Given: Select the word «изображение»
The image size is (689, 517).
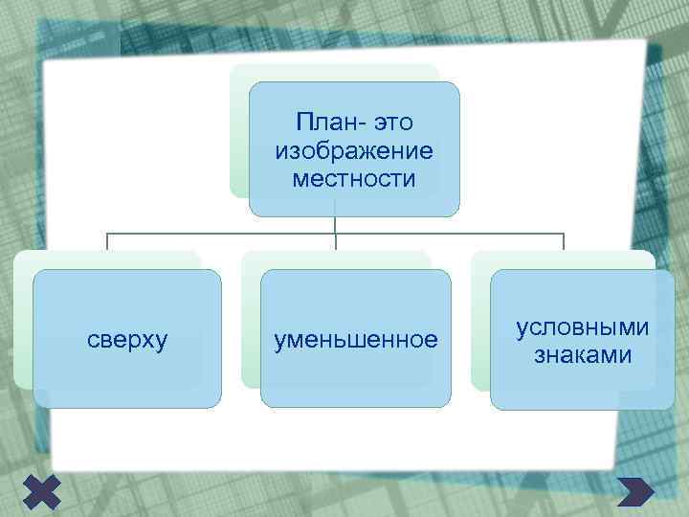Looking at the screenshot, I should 354,151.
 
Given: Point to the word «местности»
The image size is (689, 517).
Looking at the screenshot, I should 354,178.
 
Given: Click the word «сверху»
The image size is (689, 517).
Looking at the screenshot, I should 127,340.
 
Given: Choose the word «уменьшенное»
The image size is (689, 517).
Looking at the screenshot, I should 355,340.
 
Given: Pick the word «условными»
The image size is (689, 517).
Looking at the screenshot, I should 582,327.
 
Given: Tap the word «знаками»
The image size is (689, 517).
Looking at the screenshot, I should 582,355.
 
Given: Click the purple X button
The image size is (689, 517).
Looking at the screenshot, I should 39,491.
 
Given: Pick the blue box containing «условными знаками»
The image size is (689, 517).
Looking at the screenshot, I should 582,388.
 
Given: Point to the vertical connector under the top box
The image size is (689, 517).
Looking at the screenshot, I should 336,225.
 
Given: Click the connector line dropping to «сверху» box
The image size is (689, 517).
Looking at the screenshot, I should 107,242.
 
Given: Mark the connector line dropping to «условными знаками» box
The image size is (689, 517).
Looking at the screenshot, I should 564,242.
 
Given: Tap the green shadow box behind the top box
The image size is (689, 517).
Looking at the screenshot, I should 239,134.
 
